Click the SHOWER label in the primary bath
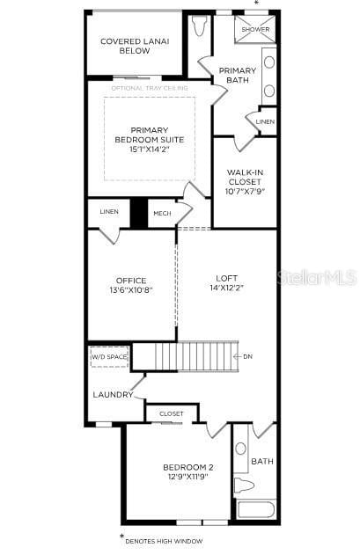tap(256, 29)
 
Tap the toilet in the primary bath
tap(198, 26)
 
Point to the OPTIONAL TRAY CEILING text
tap(150, 88)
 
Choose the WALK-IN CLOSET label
tap(246, 179)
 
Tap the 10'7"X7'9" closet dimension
tap(246, 192)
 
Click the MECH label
tap(162, 213)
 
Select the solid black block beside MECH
tap(138, 214)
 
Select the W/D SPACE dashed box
tap(109, 357)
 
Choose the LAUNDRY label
tap(113, 394)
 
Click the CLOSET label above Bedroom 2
tap(172, 413)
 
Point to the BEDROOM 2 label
tap(187, 467)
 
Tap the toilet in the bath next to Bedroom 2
tap(244, 485)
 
